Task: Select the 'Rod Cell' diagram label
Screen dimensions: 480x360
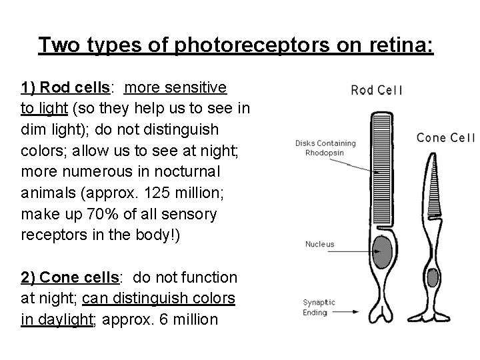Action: click(376, 90)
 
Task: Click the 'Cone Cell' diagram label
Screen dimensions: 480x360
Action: click(445, 138)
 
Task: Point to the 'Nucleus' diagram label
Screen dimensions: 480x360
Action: click(320, 245)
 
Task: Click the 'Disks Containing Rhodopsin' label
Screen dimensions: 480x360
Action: click(325, 147)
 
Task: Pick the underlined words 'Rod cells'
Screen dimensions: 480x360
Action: click(71, 88)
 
